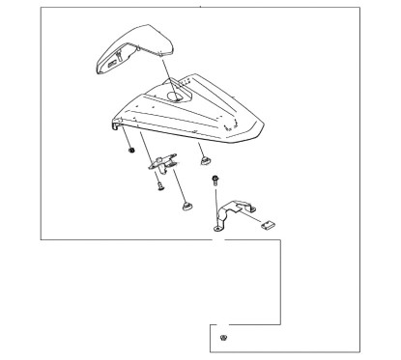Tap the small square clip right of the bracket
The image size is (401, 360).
tap(269, 224)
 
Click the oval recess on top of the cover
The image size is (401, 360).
tap(179, 96)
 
